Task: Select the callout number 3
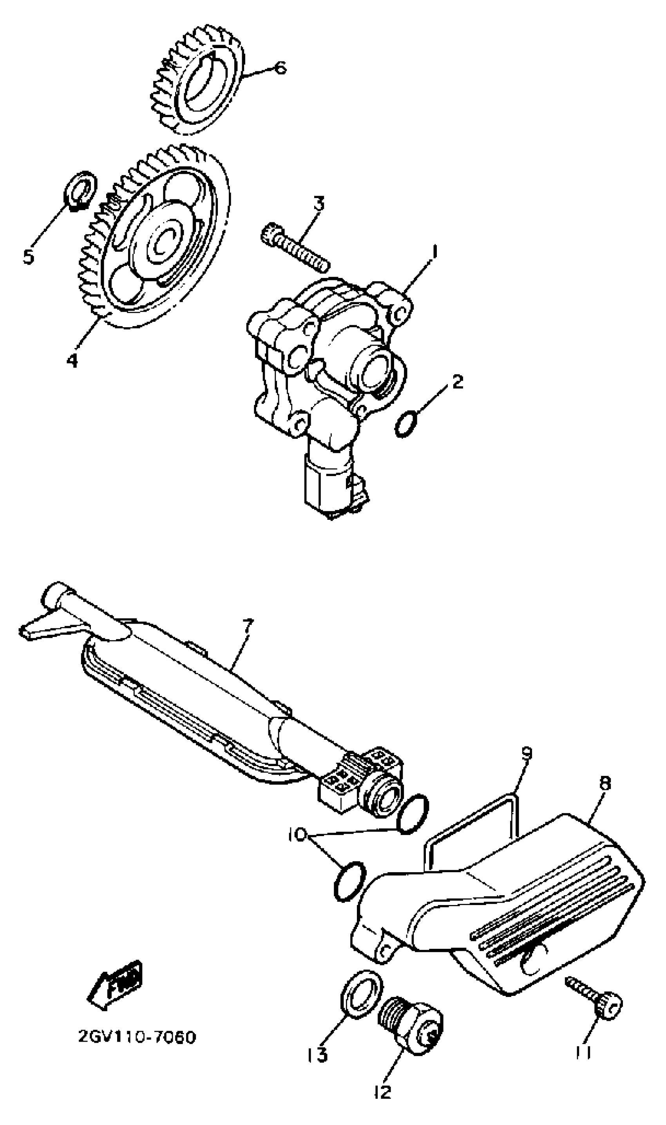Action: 318,204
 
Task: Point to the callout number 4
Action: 72,360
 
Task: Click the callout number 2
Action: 457,382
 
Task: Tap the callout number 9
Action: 527,753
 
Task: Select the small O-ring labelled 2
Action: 407,425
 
